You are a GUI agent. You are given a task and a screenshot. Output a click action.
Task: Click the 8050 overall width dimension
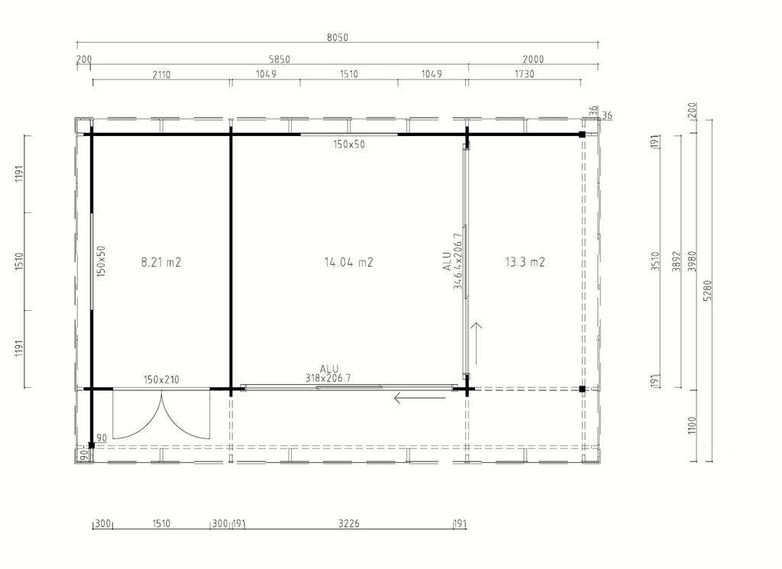(337, 37)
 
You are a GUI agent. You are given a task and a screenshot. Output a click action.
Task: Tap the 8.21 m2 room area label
(160, 262)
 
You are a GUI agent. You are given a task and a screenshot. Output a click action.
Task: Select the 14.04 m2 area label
(348, 262)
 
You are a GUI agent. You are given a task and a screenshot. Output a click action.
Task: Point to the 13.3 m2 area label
(525, 262)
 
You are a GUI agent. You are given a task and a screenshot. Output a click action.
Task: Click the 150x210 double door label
(161, 380)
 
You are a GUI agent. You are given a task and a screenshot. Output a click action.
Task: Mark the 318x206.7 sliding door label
(328, 379)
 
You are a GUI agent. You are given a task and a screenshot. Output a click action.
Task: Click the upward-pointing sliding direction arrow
(477, 344)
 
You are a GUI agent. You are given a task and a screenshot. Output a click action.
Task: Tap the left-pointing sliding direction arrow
(419, 398)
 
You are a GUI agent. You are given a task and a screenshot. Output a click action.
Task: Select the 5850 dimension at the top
(280, 60)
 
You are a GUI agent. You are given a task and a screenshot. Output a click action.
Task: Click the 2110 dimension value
(161, 75)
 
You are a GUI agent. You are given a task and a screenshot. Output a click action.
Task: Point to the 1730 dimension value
(524, 74)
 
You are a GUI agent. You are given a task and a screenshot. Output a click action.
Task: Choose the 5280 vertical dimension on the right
(707, 291)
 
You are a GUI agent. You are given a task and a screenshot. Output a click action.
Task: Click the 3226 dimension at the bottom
(348, 524)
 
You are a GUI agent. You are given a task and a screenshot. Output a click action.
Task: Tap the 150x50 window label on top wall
(349, 144)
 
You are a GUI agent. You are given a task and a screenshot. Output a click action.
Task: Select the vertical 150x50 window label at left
(102, 260)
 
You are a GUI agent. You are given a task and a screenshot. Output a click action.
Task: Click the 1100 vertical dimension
(691, 425)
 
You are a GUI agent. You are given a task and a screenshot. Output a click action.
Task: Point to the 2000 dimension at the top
(533, 60)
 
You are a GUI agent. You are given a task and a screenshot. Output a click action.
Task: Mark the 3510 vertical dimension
(655, 261)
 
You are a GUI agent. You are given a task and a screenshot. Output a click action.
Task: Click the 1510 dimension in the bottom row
(161, 524)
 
